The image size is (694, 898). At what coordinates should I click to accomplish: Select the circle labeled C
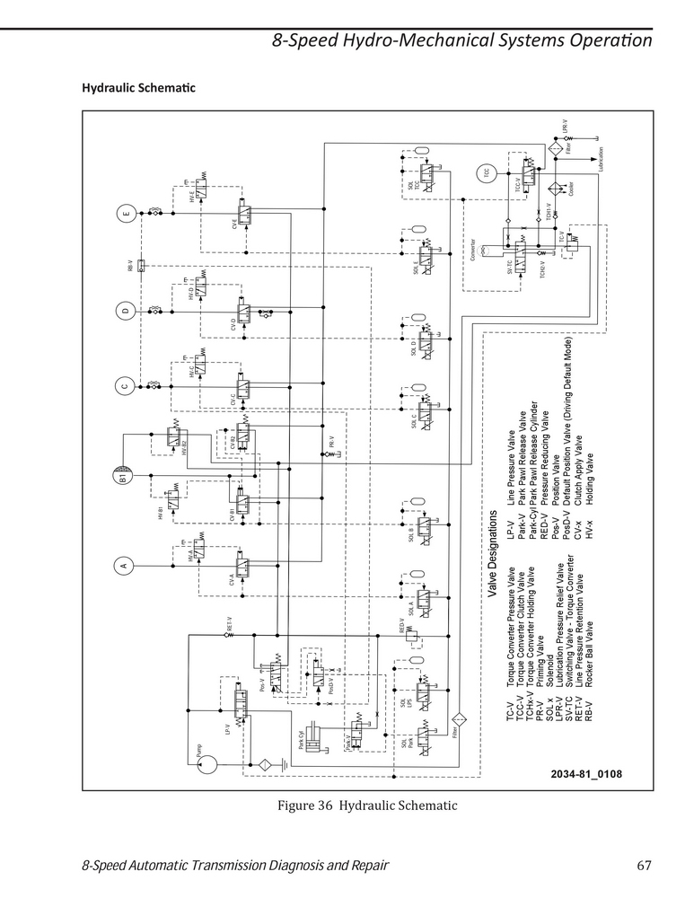tap(124, 388)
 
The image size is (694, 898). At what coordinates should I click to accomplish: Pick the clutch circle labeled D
tap(124, 311)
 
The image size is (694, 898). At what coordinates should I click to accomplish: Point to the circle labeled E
tap(124, 215)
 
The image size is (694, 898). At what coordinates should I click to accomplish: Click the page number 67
tap(643, 866)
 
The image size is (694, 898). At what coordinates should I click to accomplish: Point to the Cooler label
tap(572, 189)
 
